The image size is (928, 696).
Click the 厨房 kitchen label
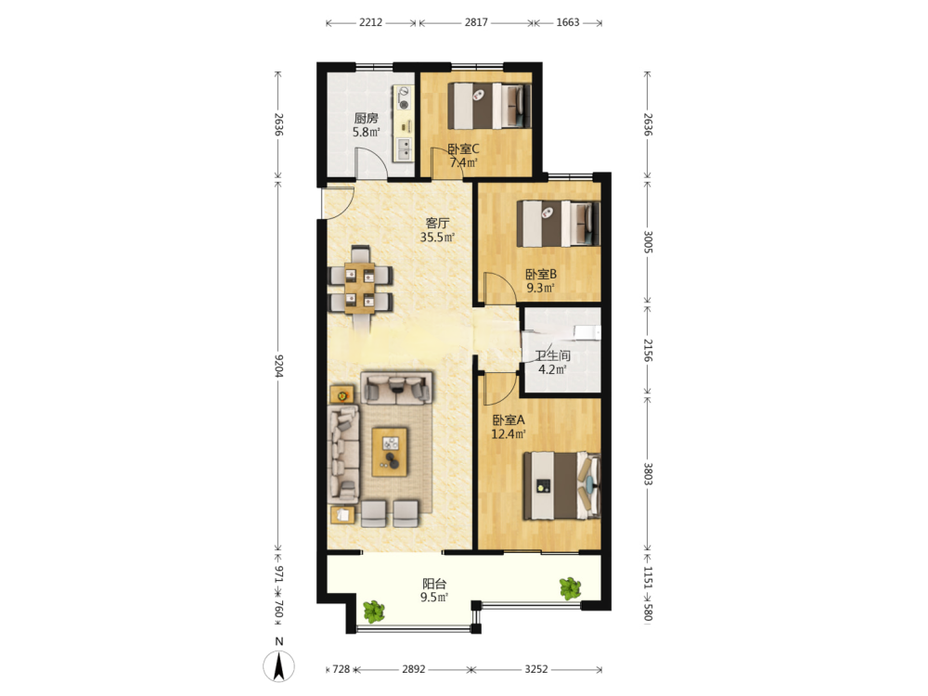coord(366,119)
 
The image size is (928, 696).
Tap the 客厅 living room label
coord(437,223)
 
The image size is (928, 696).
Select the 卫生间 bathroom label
coord(553,355)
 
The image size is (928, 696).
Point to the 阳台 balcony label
coord(434,584)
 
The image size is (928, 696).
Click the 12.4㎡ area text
coord(509,433)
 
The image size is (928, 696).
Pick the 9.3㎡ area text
coord(540,289)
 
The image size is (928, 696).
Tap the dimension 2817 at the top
coord(476,22)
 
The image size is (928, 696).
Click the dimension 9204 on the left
coord(279,366)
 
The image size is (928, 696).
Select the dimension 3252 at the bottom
coord(536,669)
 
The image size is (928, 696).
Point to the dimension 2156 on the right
coord(648,351)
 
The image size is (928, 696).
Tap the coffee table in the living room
coord(390,452)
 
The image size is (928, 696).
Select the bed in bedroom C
coord(489,106)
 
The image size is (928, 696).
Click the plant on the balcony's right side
coord(571,588)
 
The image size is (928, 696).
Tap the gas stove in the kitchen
coord(404,98)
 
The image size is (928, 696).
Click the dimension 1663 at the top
coord(568,22)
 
